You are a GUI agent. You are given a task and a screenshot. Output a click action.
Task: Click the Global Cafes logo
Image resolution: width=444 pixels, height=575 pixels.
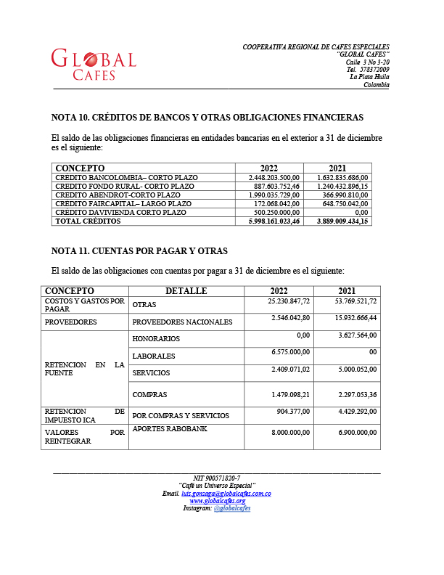coord(94,64)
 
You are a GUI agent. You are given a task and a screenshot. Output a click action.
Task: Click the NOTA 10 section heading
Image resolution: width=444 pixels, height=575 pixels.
coord(207,117)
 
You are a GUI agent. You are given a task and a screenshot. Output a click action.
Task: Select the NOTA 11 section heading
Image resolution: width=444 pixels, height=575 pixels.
coord(139,251)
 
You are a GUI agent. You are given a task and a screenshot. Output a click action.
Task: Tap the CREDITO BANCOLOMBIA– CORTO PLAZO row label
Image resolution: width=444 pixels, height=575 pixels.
coord(126,177)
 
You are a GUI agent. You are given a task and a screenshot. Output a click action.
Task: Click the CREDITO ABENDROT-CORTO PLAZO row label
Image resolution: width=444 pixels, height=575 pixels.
coord(118,195)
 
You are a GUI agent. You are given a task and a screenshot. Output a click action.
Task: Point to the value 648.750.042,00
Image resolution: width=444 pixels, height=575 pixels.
coord(343,203)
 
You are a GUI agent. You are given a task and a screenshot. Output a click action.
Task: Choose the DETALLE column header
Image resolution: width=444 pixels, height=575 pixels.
coord(186,291)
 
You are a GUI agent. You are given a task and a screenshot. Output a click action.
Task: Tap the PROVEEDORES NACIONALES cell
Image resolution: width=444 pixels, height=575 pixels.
coord(182,322)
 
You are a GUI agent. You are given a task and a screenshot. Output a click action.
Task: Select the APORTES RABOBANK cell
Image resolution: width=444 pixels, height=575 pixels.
coord(170,430)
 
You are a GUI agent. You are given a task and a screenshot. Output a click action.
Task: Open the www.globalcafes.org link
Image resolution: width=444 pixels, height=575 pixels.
coord(217,501)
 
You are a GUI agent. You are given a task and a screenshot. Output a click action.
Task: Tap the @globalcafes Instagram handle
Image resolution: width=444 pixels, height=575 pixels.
coord(232,508)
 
